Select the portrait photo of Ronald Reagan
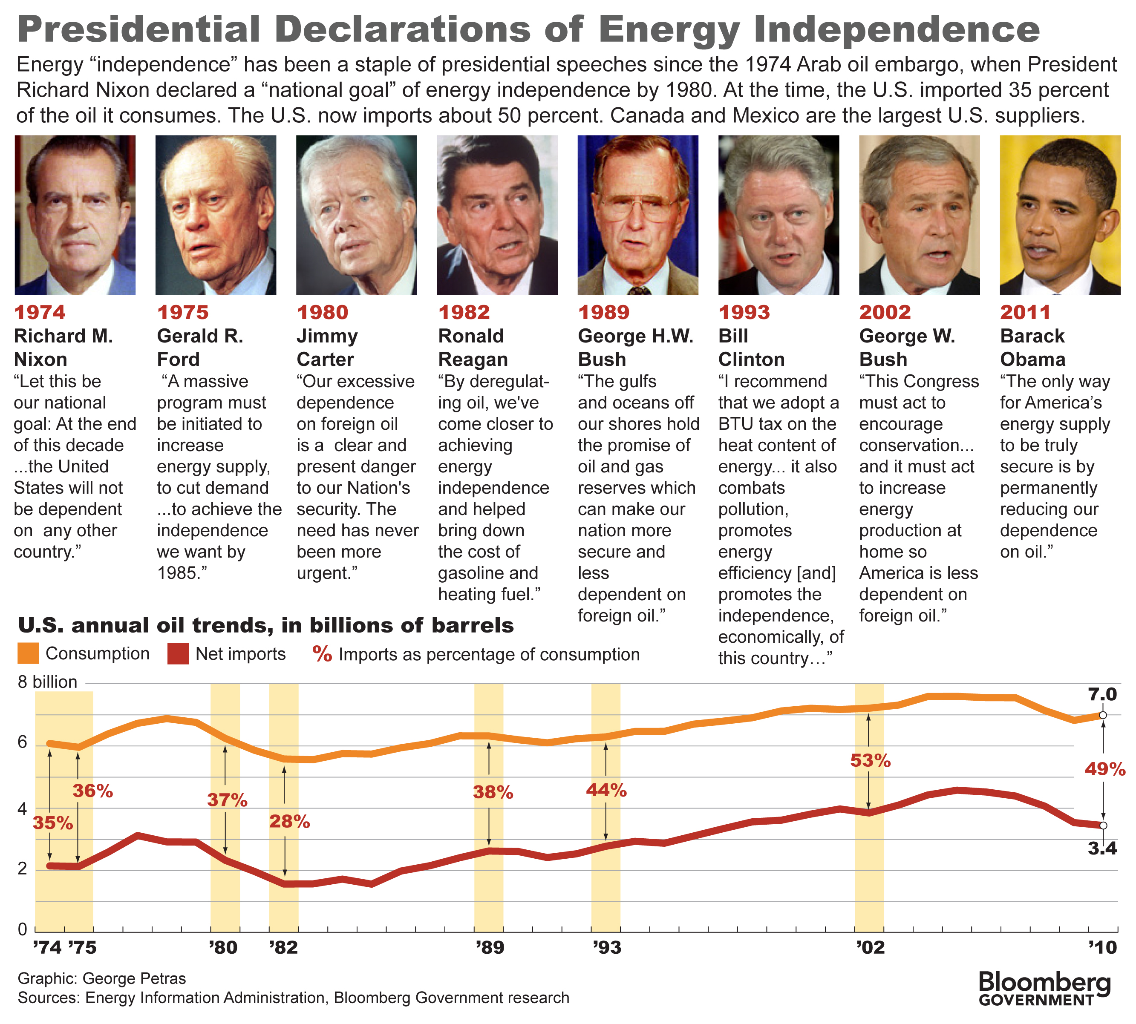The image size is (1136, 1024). [x=497, y=215]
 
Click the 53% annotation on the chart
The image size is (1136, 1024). [x=870, y=761]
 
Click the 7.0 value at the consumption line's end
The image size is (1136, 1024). [x=1101, y=694]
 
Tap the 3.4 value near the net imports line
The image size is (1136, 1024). [x=1101, y=848]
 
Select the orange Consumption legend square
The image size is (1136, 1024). [x=28, y=653]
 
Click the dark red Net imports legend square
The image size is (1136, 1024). [x=178, y=654]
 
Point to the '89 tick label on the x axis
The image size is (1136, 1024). [x=490, y=947]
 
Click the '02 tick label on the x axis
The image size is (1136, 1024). [x=870, y=947]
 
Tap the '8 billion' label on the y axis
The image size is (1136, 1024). [x=47, y=682]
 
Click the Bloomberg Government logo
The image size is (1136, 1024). [x=1044, y=988]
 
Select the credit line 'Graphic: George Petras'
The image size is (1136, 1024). [x=101, y=978]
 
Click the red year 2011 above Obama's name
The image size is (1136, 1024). [x=1025, y=312]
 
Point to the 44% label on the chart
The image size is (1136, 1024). [x=606, y=790]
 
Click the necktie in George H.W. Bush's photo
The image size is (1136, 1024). [x=638, y=291]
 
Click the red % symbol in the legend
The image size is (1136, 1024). [x=322, y=654]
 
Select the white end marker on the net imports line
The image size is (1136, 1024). [x=1103, y=826]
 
